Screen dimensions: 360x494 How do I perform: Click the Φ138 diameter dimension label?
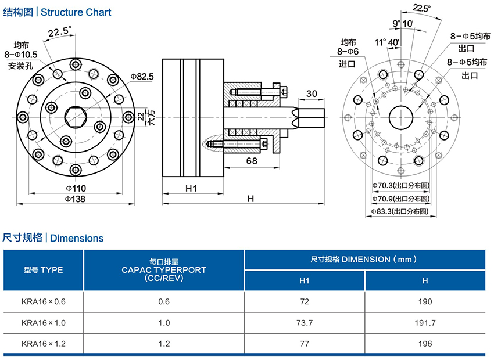[x=76, y=199]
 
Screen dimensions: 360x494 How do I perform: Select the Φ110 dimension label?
[x=76, y=188]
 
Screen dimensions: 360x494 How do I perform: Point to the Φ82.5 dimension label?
[x=142, y=76]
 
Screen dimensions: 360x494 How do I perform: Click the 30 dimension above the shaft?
[x=312, y=93]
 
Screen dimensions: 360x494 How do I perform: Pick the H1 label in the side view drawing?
[x=192, y=188]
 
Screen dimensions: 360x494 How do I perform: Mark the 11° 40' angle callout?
[x=386, y=42]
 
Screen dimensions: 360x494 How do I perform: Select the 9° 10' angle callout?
[x=403, y=23]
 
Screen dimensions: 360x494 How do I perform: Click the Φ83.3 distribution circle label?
[x=401, y=212]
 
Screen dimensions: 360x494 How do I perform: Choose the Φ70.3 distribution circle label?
[x=401, y=186]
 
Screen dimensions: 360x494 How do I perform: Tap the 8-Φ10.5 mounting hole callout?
[x=22, y=55]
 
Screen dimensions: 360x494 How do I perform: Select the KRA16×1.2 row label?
[x=44, y=344]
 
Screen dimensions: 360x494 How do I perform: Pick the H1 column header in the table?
[x=305, y=281]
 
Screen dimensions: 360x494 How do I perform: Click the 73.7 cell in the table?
[x=305, y=322]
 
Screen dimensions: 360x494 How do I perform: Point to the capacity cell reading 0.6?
[x=164, y=301]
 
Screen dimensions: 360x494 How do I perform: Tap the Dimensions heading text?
[x=77, y=238]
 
